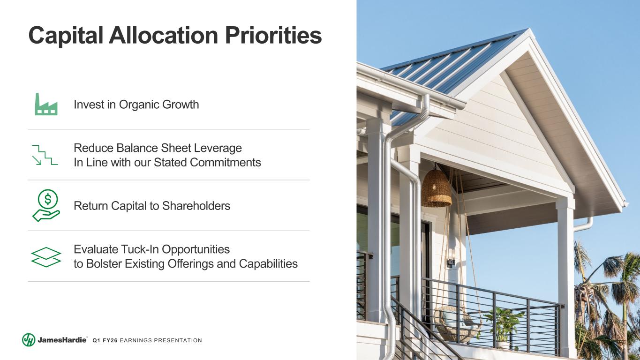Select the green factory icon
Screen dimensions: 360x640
coord(46,104)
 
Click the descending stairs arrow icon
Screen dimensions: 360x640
coord(45,155)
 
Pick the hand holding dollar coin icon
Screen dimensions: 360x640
coord(46,206)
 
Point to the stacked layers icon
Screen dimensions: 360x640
coord(46,256)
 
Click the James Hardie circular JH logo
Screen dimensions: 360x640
coord(29,340)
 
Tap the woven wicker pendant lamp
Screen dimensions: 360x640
coord(437,188)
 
